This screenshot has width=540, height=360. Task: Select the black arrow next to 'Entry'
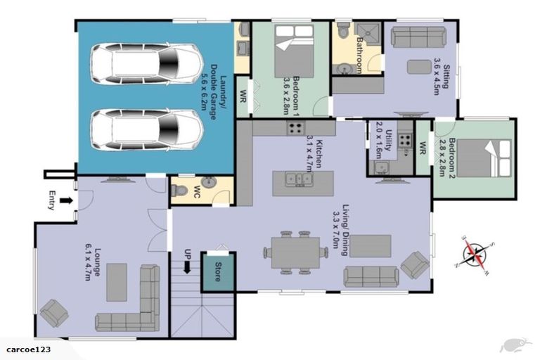coord(66,201)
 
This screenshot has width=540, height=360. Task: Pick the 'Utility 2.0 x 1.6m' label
coord(382,137)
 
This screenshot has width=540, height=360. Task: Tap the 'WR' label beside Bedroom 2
coord(423,148)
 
